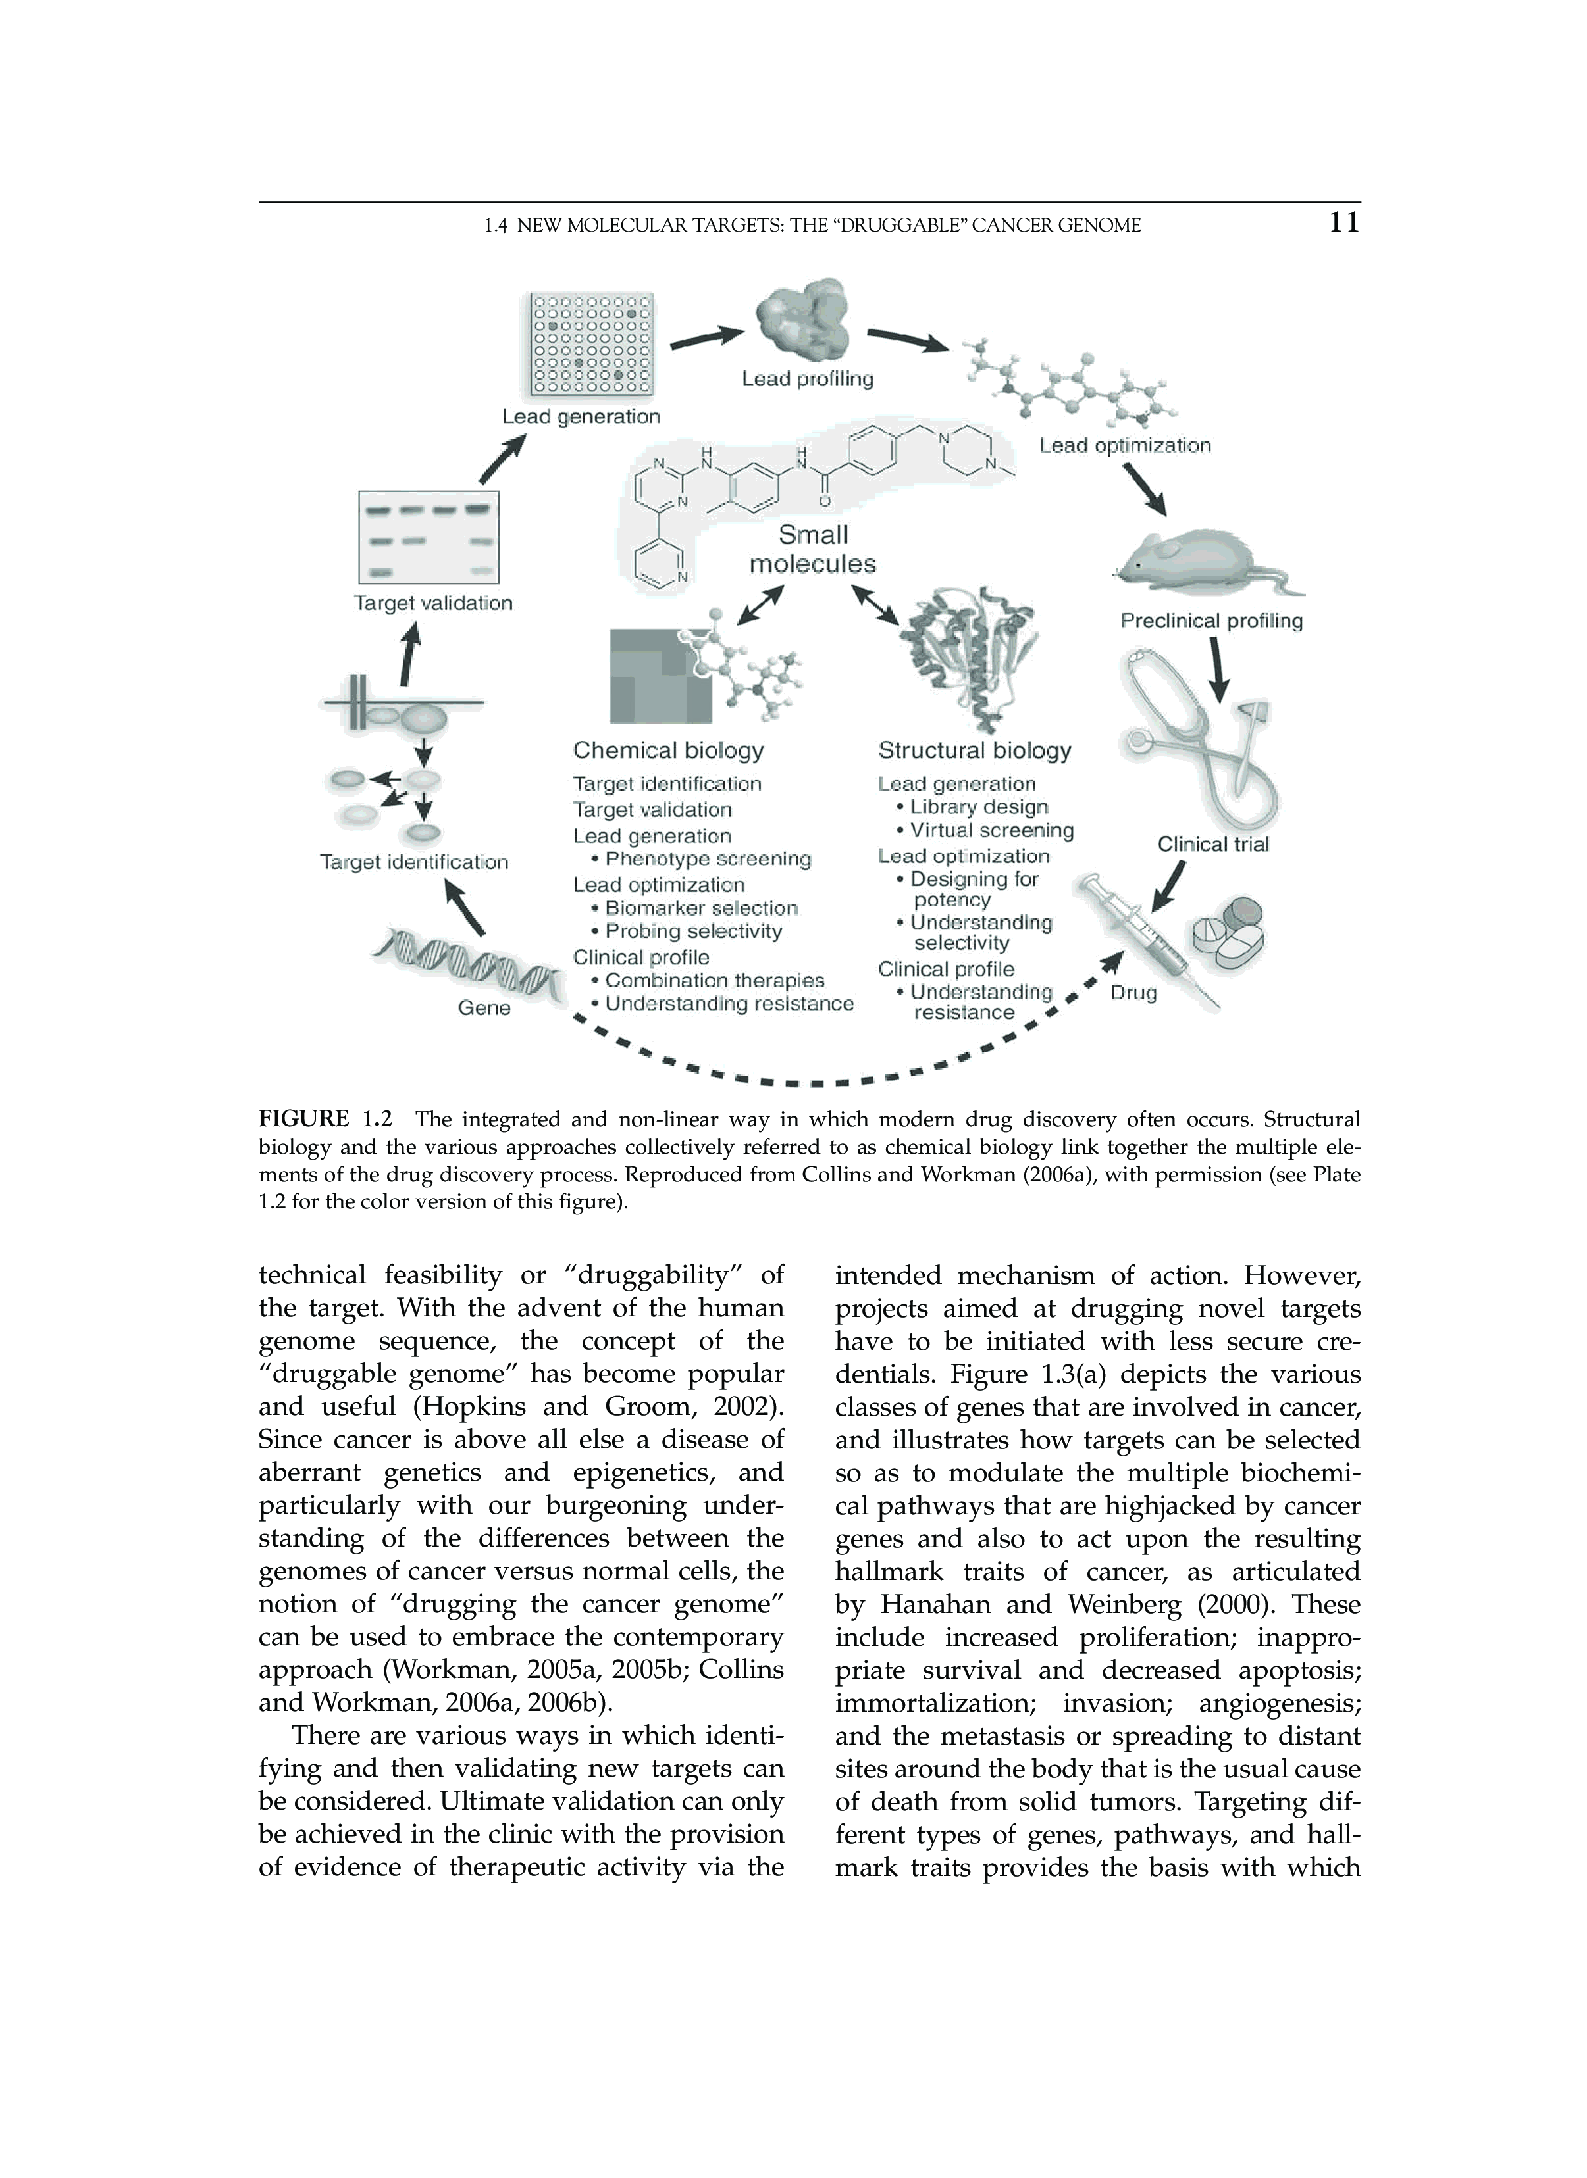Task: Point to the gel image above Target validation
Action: (429, 537)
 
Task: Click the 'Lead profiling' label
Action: (808, 380)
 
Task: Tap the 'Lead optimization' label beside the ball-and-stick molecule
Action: (1125, 445)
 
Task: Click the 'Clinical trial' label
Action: (1212, 844)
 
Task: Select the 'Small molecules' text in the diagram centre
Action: (813, 549)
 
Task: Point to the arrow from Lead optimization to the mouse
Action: (1145, 490)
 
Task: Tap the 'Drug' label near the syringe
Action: (1133, 993)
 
